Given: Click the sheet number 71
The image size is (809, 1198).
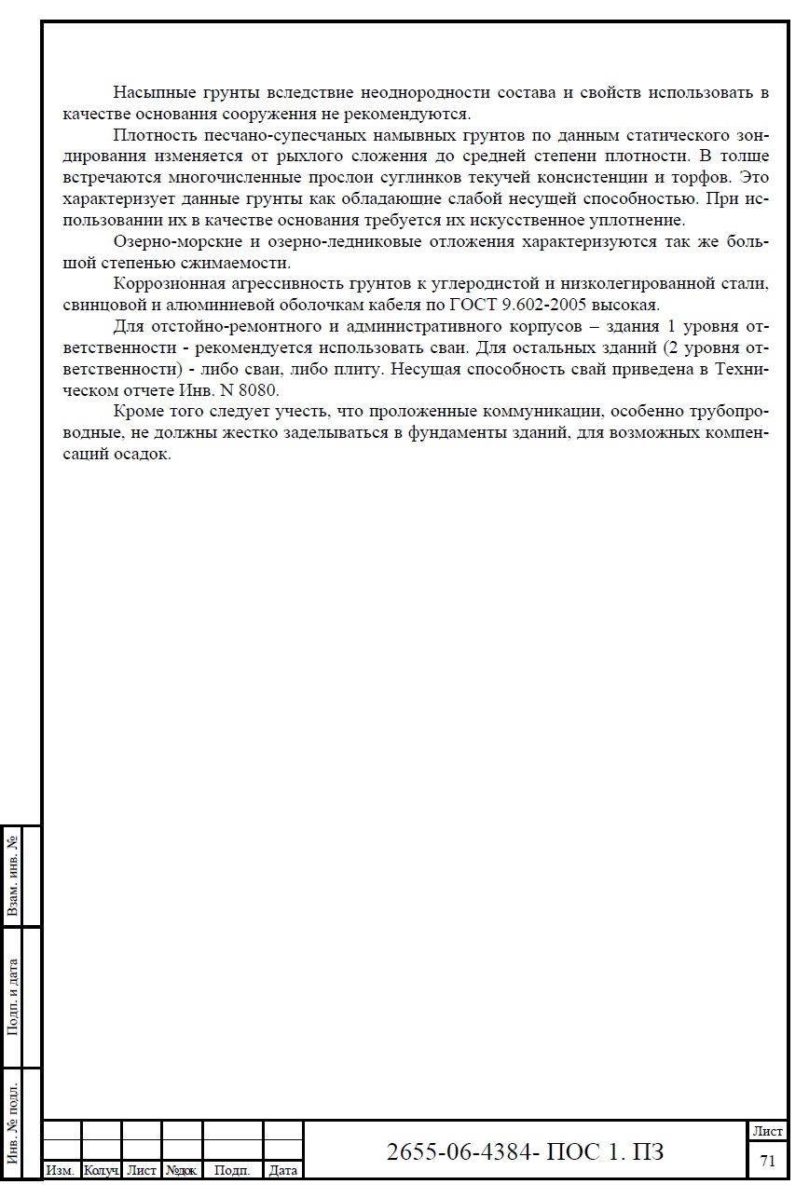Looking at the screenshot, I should tap(768, 1161).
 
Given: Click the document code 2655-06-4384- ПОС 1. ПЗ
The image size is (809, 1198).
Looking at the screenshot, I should tap(526, 1151).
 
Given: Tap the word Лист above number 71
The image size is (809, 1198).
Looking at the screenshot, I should tap(768, 1131).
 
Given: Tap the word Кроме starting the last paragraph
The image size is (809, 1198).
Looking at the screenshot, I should tap(137, 412).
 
